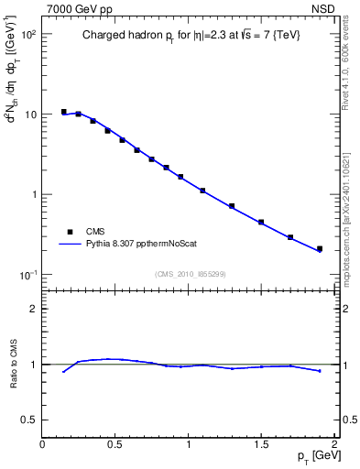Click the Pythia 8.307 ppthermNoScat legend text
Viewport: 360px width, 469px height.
[x=137, y=244]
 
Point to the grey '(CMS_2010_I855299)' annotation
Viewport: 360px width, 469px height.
[x=190, y=274]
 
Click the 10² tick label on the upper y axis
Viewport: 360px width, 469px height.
[x=27, y=34]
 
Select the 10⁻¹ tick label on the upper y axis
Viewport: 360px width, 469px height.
[x=27, y=275]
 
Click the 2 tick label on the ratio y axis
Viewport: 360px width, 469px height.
[x=33, y=309]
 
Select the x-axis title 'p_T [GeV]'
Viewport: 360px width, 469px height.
[x=316, y=455]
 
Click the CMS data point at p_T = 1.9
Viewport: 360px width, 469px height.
[x=320, y=248]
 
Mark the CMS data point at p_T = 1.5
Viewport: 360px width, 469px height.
[x=261, y=222]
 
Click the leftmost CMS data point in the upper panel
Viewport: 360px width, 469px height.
[x=64, y=112]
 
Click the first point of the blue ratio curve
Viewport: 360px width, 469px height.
[x=64, y=371]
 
